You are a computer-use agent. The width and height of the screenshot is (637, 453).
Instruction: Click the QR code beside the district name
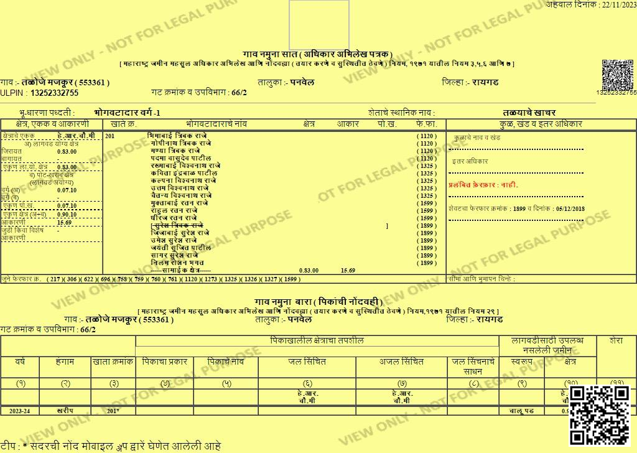tap(616, 75)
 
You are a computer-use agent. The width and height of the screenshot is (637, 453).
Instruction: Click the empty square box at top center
tap(319, 24)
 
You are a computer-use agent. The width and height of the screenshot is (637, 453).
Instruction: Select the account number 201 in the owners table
tap(110, 136)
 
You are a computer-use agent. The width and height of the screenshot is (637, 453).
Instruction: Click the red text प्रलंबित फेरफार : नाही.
tap(483, 185)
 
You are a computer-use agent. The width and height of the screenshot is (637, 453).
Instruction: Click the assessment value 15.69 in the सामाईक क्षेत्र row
tap(348, 271)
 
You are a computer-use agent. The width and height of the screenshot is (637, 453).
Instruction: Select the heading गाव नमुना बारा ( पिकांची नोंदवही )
tap(318, 302)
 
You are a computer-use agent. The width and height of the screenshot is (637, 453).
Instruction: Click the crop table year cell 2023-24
tap(20, 411)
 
